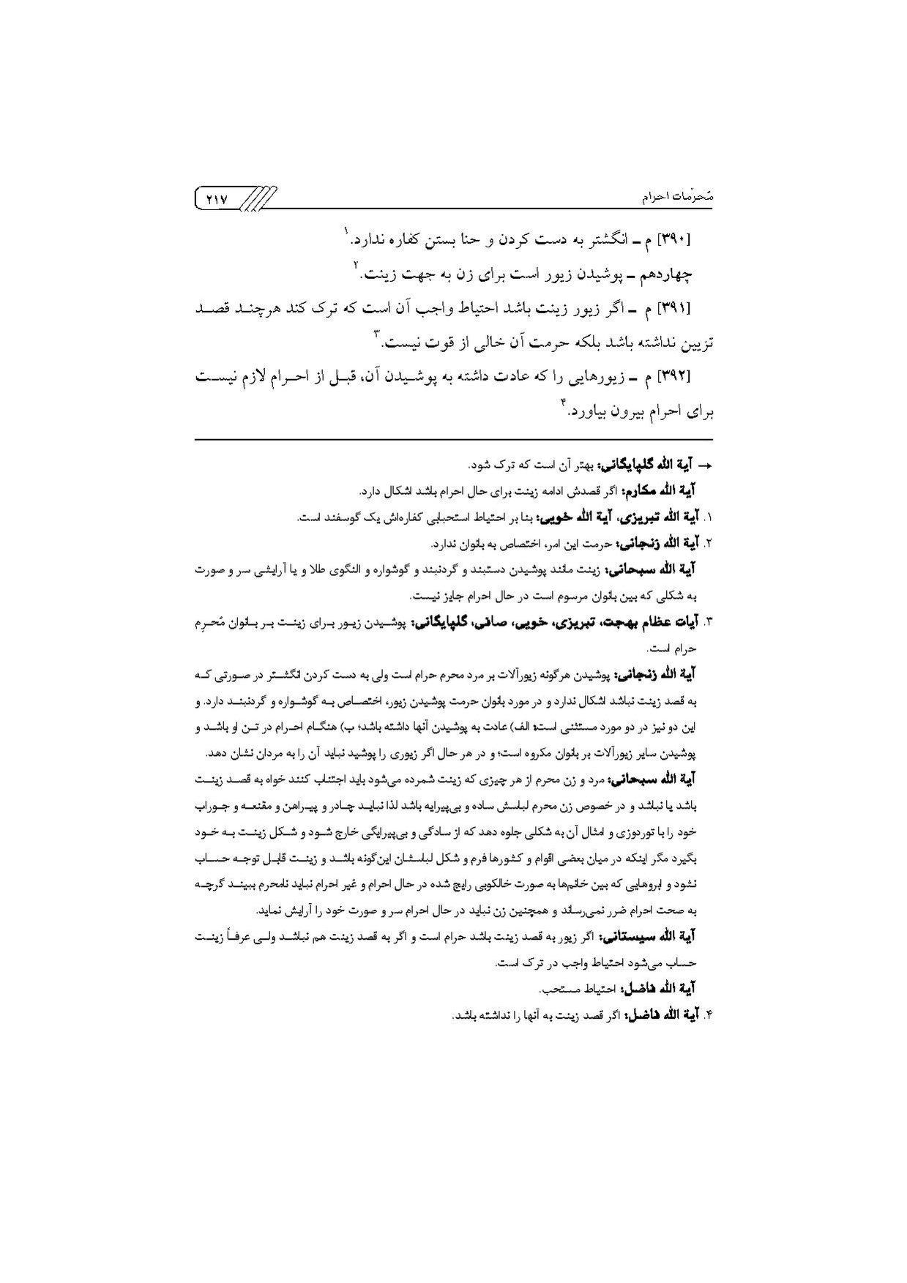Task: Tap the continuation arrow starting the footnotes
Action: (x=706, y=465)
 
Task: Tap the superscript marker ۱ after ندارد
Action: (x=346, y=232)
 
